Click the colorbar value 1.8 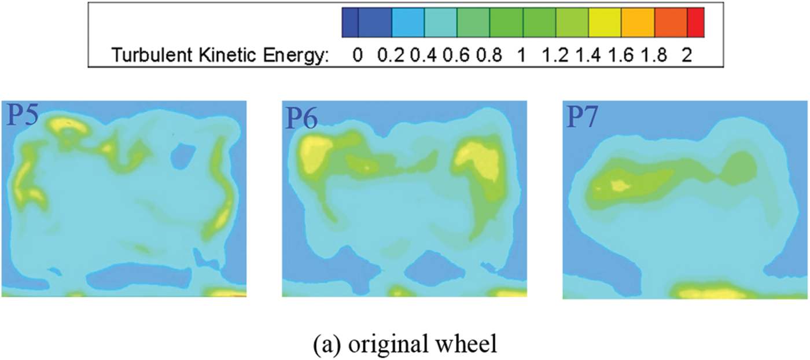(x=654, y=56)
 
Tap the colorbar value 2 (x=687, y=56)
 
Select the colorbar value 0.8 (x=489, y=56)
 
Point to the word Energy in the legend (x=296, y=56)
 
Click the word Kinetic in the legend (x=221, y=56)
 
